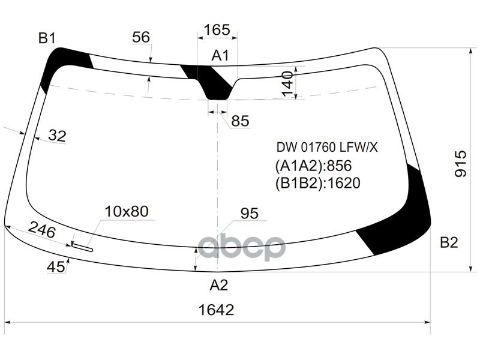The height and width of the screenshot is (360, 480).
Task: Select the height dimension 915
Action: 460,163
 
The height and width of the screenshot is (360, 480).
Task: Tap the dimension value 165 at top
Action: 217,29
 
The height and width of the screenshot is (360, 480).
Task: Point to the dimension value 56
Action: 141,37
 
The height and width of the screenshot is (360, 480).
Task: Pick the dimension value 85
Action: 239,121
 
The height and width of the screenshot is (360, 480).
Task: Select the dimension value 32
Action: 56,136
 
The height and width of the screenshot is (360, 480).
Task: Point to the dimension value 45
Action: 56,268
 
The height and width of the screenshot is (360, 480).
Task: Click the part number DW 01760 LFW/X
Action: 327,147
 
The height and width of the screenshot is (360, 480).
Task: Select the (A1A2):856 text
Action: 313,166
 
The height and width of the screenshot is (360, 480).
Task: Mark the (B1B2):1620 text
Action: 317,183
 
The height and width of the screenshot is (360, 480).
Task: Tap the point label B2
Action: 449,242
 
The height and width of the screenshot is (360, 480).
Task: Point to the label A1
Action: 220,56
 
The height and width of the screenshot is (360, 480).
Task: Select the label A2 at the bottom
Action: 218,286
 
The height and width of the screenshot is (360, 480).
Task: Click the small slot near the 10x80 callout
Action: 82,246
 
